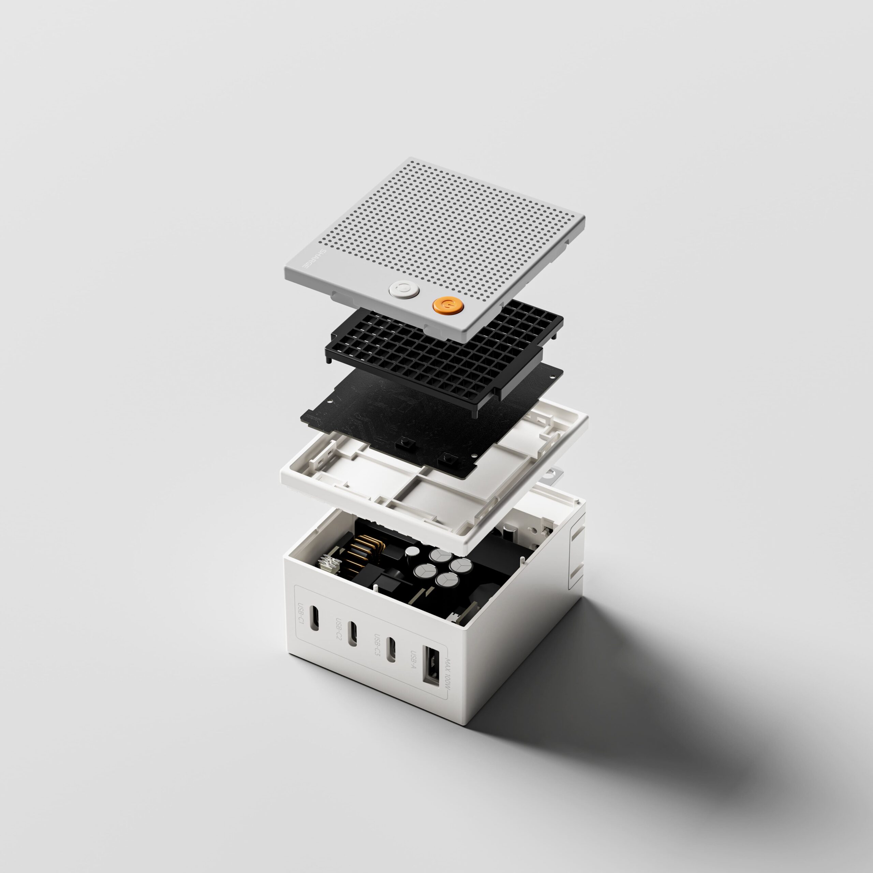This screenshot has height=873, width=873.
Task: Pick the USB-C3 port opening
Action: tap(391, 651)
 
